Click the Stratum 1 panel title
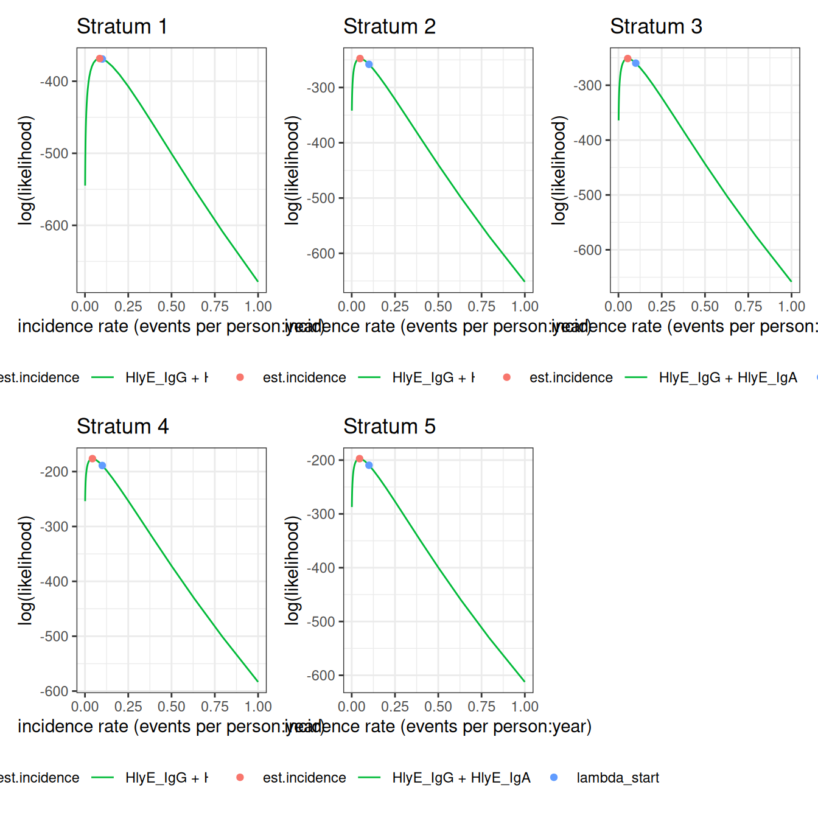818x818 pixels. click(122, 27)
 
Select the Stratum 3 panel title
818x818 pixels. click(655, 27)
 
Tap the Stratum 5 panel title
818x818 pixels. click(389, 427)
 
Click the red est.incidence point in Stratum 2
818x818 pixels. click(360, 59)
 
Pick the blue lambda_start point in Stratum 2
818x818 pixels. click(369, 65)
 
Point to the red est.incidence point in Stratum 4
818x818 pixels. click(93, 459)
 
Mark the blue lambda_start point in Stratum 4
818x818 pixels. click(102, 466)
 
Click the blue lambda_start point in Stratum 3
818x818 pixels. click(635, 63)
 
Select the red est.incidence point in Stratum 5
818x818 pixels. click(360, 459)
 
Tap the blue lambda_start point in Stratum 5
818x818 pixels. click(369, 466)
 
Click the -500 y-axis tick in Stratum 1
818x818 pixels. click(55, 153)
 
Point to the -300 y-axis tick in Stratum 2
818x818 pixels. click(321, 88)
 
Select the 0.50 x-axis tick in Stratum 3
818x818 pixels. click(705, 306)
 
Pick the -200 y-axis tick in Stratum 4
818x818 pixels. click(55, 472)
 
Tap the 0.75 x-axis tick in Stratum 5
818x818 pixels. click(481, 707)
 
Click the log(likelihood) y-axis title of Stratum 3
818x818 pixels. click(559, 170)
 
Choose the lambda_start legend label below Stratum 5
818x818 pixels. click(617, 778)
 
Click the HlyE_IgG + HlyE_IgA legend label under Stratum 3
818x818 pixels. click(727, 378)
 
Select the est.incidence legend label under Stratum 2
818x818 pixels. click(304, 378)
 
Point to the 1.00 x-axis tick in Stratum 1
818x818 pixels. click(258, 306)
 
